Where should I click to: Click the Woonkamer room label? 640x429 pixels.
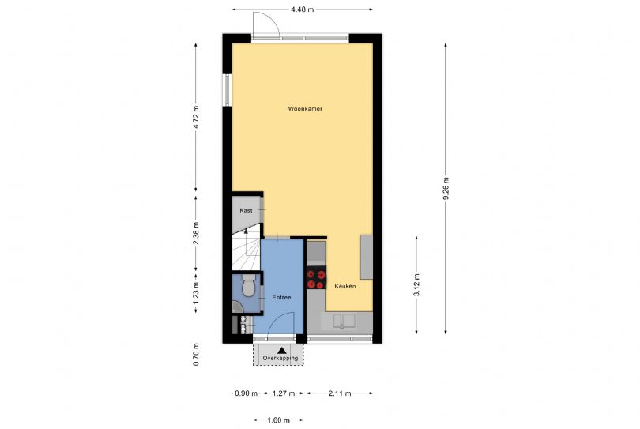click(305, 108)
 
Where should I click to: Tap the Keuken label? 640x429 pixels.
click(345, 286)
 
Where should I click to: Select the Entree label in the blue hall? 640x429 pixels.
click(281, 298)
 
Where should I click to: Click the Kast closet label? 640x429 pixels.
click(246, 210)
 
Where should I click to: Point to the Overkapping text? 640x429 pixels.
click(280, 358)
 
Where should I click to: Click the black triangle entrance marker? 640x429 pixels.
click(281, 350)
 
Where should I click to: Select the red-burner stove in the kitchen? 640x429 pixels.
click(316, 277)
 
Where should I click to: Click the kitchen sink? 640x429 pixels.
click(344, 322)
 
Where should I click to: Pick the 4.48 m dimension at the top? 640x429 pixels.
click(303, 9)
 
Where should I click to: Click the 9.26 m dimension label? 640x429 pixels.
click(446, 188)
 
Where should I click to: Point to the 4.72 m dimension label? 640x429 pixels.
click(196, 117)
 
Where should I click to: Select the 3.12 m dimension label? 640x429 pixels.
click(416, 285)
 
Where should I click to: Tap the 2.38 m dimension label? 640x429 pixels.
click(196, 233)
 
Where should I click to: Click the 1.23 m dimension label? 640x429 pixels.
click(196, 293)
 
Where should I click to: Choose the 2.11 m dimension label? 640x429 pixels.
click(340, 393)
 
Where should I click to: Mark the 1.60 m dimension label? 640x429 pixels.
click(278, 420)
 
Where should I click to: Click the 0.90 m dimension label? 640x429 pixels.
click(247, 393)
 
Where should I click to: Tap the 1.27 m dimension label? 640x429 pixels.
click(284, 393)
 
